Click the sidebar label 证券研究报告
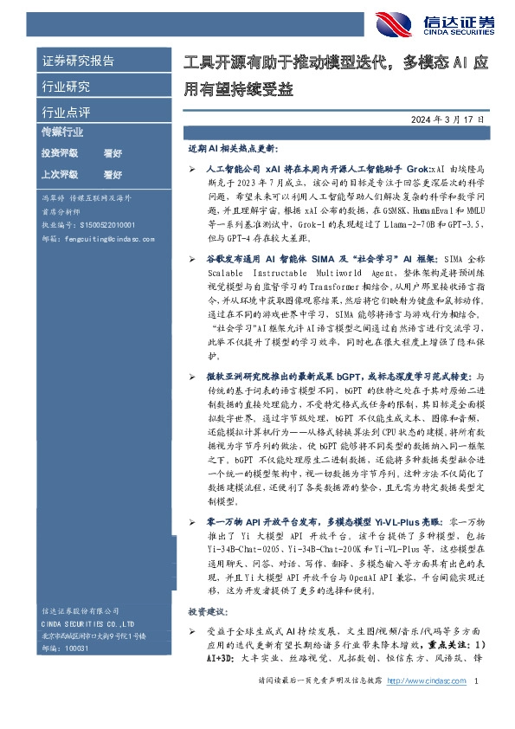(78, 61)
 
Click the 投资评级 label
(60, 152)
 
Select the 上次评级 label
(60, 175)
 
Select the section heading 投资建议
(205, 610)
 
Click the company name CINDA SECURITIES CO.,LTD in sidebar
(87, 623)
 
